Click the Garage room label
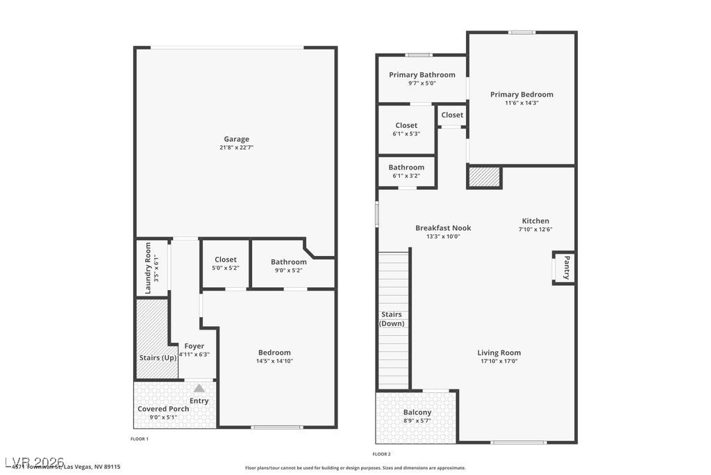236,139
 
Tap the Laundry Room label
148,268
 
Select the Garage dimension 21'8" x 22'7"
236,147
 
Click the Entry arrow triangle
199,388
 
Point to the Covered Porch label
163,408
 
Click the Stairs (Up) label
158,357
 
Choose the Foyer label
194,346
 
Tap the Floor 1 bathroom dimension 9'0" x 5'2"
289,270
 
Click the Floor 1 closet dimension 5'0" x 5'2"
226,268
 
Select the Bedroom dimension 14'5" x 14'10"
274,361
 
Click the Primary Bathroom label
422,74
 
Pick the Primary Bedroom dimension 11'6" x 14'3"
521,103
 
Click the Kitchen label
535,221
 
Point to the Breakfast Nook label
443,227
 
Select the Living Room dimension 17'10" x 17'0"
499,361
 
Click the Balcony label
417,412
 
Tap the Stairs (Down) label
392,319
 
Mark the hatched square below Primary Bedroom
484,177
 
